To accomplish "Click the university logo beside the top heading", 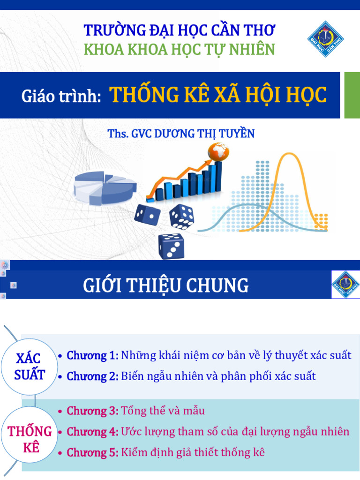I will click(326, 38).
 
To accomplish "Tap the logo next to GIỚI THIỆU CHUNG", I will click(346, 285).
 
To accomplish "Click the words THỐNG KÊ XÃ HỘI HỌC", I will click(218, 95).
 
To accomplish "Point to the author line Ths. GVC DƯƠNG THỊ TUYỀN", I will click(181, 134).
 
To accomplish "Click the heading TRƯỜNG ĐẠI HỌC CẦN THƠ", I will click(180, 30).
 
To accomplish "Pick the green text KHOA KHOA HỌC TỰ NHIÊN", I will click(180, 50).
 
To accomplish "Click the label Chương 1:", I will click(93, 355).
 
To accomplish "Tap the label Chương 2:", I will click(93, 376).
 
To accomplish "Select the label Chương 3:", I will click(93, 411).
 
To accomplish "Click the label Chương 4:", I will click(93, 432).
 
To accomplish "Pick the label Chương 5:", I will click(93, 452).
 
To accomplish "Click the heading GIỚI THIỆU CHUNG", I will click(166, 285).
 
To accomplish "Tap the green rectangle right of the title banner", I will click(352, 95).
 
